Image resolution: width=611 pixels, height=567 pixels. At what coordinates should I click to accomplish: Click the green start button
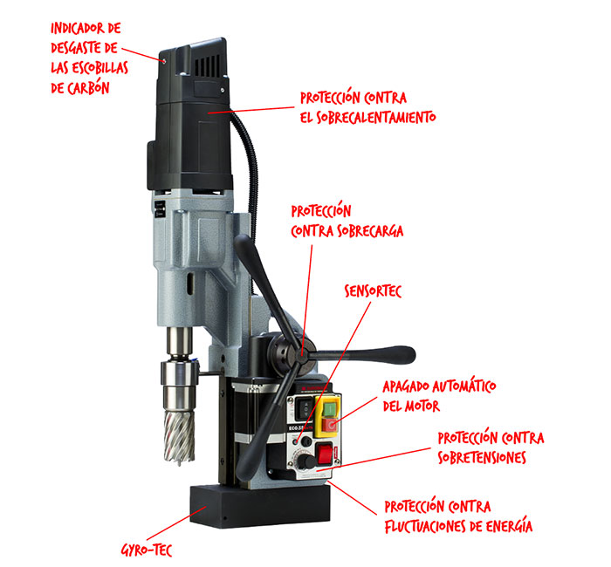[330, 409]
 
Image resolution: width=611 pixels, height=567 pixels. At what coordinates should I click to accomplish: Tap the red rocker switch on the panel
[324, 454]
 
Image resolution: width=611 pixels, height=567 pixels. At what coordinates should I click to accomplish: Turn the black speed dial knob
[307, 462]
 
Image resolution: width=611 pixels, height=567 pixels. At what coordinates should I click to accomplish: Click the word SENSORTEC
[373, 290]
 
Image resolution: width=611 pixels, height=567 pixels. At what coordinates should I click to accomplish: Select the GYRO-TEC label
[147, 550]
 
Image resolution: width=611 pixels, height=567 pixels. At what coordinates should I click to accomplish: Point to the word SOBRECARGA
[370, 230]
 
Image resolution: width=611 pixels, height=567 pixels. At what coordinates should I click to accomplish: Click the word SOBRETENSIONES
[482, 457]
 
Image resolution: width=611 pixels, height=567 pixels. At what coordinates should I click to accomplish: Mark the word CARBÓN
[88, 88]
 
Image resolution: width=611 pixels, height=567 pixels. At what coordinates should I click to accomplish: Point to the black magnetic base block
[260, 506]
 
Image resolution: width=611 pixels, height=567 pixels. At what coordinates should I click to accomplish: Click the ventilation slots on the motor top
[207, 65]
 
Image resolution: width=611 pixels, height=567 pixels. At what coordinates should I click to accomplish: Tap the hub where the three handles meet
[301, 355]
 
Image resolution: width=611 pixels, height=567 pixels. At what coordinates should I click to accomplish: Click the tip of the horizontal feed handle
[411, 355]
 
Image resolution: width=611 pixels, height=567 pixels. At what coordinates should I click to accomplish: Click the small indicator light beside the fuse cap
[296, 442]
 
